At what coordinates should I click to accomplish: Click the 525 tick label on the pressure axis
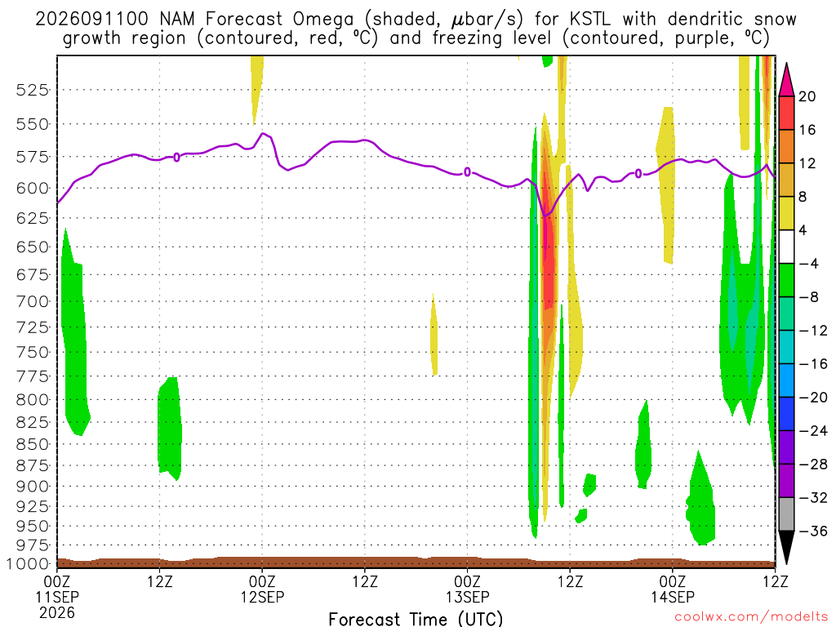click(32, 90)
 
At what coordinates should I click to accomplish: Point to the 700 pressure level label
click(32, 301)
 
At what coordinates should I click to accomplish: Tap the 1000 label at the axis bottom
click(28, 564)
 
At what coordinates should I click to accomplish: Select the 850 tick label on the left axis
click(32, 444)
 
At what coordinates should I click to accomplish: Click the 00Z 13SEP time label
click(468, 589)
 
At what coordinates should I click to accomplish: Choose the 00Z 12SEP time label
click(262, 589)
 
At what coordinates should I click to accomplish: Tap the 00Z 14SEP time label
click(673, 589)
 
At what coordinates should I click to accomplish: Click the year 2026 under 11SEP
click(57, 612)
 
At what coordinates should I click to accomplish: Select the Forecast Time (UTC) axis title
click(416, 619)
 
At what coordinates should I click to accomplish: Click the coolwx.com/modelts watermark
click(751, 617)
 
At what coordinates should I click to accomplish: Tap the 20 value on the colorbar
click(807, 96)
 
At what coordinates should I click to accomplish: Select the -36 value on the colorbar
click(812, 531)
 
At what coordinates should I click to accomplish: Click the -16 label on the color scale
click(812, 364)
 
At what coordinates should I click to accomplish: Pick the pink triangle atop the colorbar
click(786, 81)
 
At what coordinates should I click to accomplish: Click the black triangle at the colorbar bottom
click(786, 547)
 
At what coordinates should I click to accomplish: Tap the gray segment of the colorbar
click(786, 514)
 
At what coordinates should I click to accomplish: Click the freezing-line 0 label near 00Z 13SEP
click(468, 171)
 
